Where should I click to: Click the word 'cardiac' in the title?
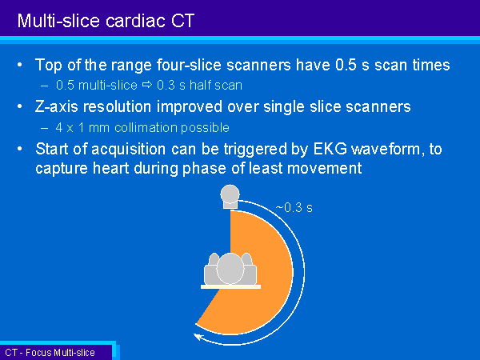(x=136, y=21)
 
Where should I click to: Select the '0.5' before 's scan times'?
(x=346, y=65)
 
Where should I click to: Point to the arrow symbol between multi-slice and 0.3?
(x=147, y=85)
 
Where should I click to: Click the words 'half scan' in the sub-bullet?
(x=216, y=85)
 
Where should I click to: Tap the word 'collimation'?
(x=146, y=127)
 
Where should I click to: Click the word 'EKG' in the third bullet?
(x=330, y=149)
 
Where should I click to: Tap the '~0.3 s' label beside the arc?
(x=294, y=207)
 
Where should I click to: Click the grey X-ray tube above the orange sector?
(x=230, y=197)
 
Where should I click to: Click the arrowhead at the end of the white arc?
(x=199, y=337)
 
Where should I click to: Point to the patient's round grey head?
(x=230, y=269)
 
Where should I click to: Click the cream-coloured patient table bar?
(x=231, y=287)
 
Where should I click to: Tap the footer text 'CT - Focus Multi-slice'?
(x=50, y=353)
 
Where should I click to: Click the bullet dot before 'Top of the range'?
(x=20, y=65)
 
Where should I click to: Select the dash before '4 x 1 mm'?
(x=44, y=128)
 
